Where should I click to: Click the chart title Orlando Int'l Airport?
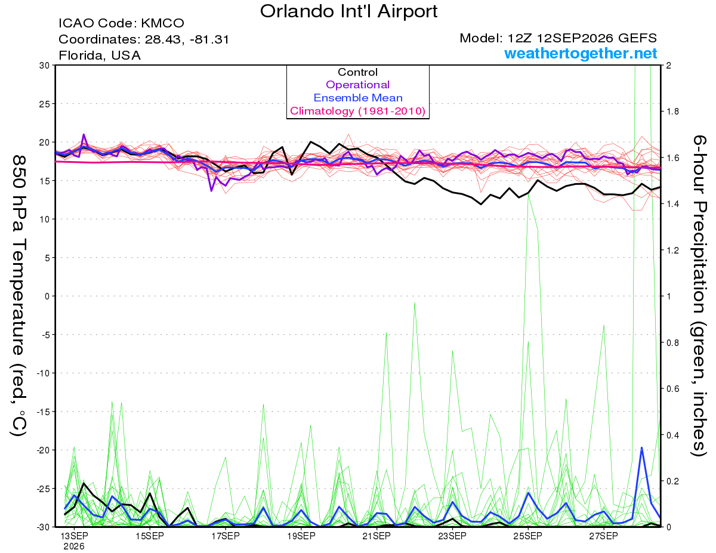[348, 11]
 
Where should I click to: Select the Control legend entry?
[357, 72]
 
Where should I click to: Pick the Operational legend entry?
[357, 85]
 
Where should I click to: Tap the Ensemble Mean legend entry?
[358, 98]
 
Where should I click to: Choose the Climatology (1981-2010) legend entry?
[358, 111]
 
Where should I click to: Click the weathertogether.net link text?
[581, 53]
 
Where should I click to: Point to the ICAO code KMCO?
[162, 23]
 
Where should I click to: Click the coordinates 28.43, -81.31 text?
[187, 39]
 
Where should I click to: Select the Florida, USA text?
[100, 55]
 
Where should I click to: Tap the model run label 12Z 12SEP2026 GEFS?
[582, 38]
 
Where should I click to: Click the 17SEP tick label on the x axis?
[226, 536]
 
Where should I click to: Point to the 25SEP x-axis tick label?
[528, 536]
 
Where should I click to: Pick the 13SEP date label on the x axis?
[74, 536]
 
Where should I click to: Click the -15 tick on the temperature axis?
[43, 412]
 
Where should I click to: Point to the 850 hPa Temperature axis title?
[18, 295]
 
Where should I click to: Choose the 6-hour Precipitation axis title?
[698, 295]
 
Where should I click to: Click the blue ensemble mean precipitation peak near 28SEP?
[641, 447]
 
